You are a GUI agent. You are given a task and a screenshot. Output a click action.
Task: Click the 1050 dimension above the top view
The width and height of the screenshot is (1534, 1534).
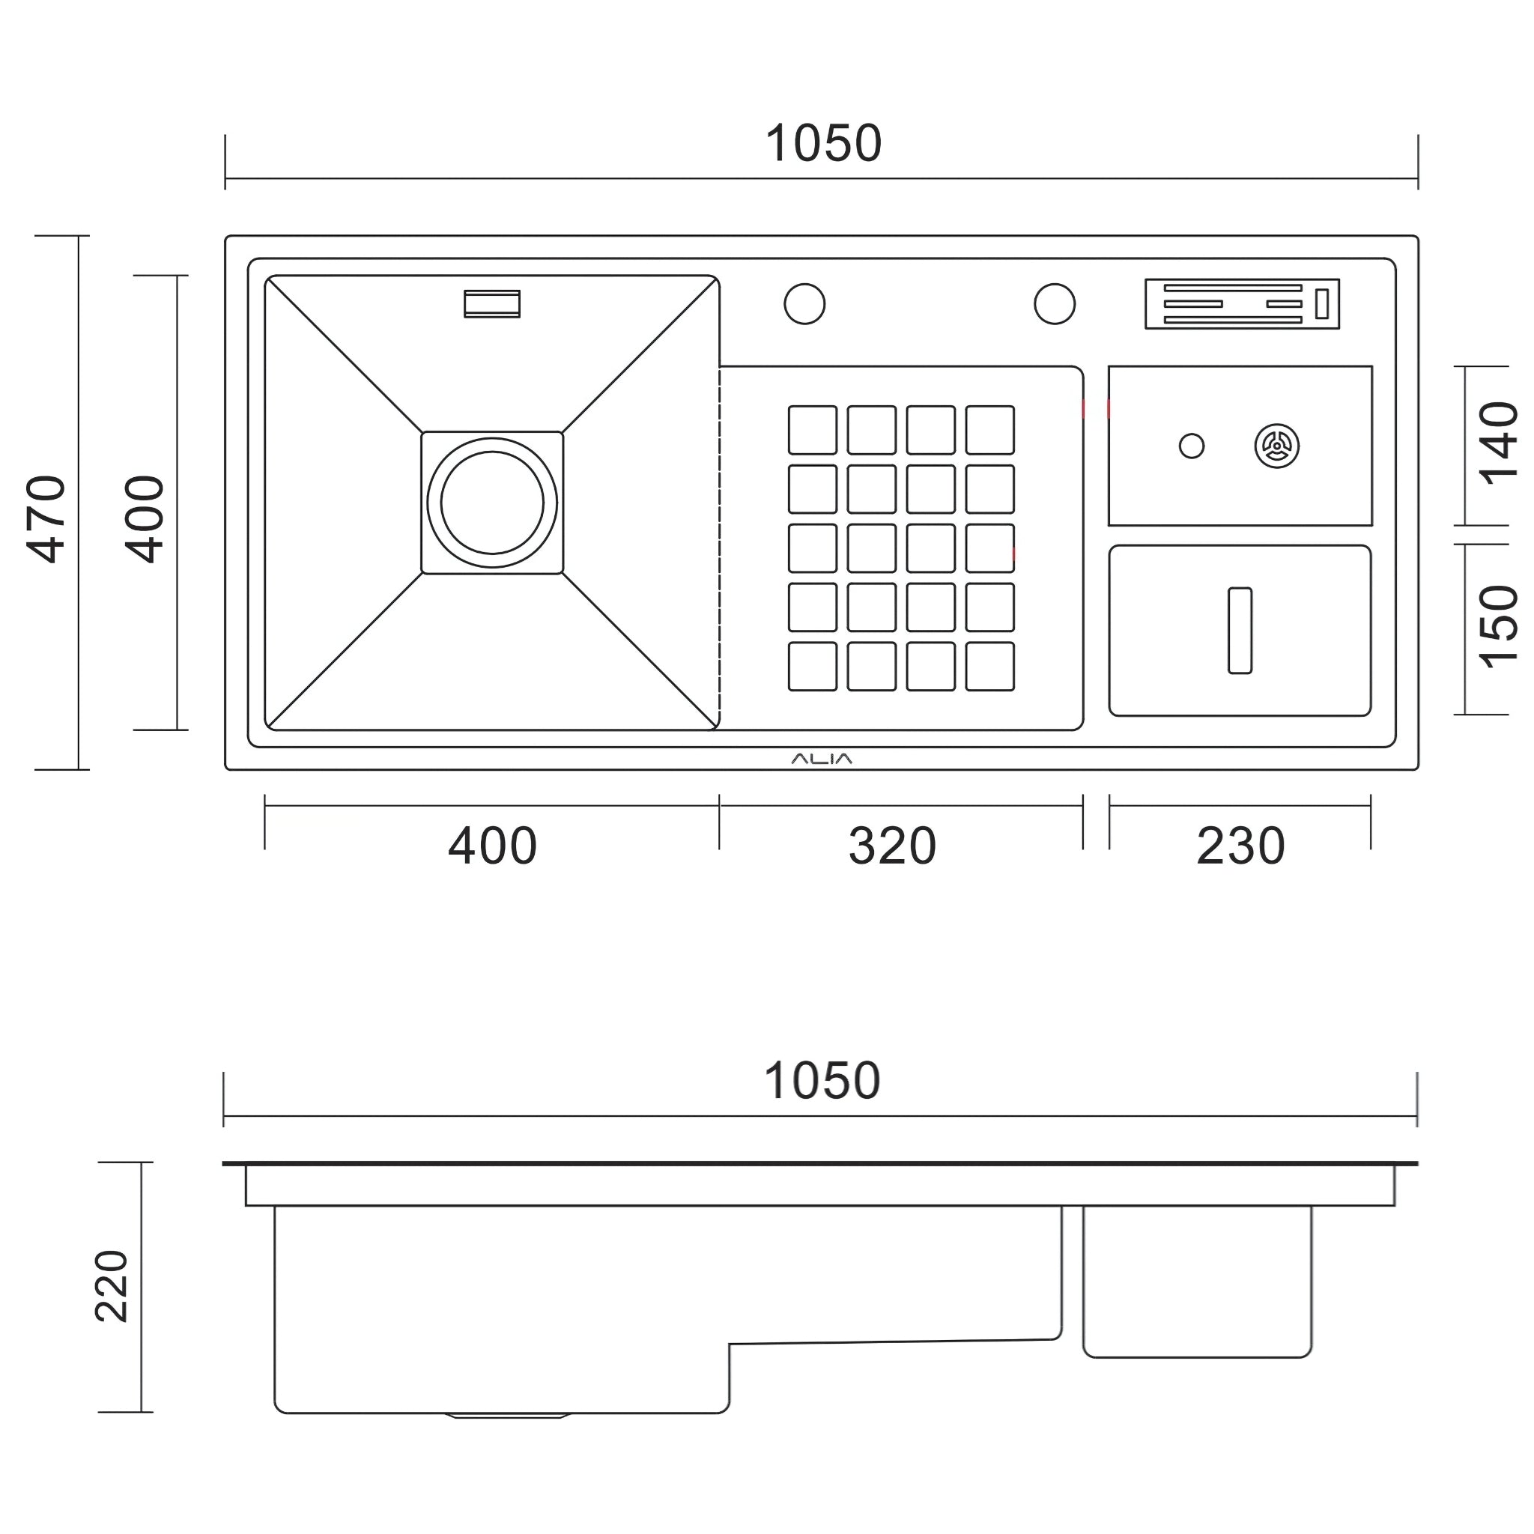(822, 144)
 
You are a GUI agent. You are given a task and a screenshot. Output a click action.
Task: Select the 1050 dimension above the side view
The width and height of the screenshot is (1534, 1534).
(821, 1081)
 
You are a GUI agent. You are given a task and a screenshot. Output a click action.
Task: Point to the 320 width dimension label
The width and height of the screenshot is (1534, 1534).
(891, 846)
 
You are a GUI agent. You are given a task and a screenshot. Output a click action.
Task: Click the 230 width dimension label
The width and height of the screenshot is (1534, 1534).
(1240, 846)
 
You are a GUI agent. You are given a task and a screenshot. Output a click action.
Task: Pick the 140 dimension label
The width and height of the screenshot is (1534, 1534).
(1497, 444)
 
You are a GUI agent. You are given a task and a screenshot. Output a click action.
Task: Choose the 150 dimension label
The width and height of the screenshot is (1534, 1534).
(1497, 627)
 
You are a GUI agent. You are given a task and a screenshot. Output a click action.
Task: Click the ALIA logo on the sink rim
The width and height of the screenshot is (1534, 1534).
(821, 759)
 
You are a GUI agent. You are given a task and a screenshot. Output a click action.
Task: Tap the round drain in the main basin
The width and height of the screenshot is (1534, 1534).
(492, 503)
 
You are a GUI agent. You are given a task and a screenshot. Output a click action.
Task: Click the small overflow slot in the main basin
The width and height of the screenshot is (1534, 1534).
(492, 304)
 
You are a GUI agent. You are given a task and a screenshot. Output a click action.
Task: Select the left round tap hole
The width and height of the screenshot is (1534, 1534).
(804, 304)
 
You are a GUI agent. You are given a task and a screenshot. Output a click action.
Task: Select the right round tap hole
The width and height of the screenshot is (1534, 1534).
(1055, 304)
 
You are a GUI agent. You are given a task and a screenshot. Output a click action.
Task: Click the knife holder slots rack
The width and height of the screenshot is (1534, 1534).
(1241, 304)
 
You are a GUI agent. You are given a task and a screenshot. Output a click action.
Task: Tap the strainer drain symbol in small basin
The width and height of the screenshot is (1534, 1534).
(1277, 446)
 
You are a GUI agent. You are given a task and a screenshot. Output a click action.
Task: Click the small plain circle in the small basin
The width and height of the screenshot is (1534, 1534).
(1191, 446)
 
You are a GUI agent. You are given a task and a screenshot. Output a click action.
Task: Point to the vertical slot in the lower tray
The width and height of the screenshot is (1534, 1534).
(1240, 631)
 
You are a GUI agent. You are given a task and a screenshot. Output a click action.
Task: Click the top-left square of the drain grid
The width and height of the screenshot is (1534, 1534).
(812, 429)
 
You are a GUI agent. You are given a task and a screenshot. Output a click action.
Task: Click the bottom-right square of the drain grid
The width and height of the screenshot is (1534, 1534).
(989, 666)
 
